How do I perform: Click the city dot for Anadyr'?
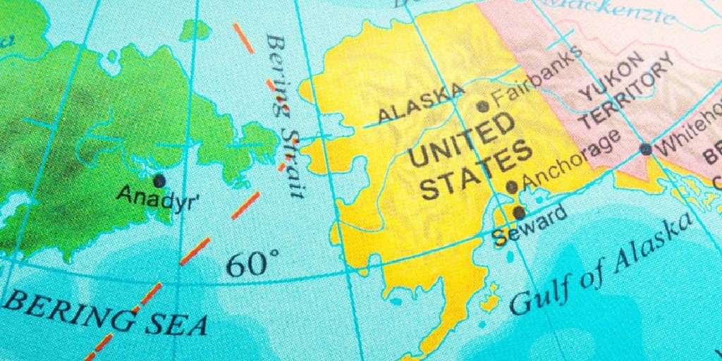click(x=159, y=180)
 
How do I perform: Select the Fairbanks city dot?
click(x=482, y=106)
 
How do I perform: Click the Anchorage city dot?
click(x=512, y=187)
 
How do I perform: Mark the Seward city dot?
click(x=519, y=212)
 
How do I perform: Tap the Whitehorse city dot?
click(x=645, y=149)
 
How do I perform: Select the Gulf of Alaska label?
click(x=600, y=264)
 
